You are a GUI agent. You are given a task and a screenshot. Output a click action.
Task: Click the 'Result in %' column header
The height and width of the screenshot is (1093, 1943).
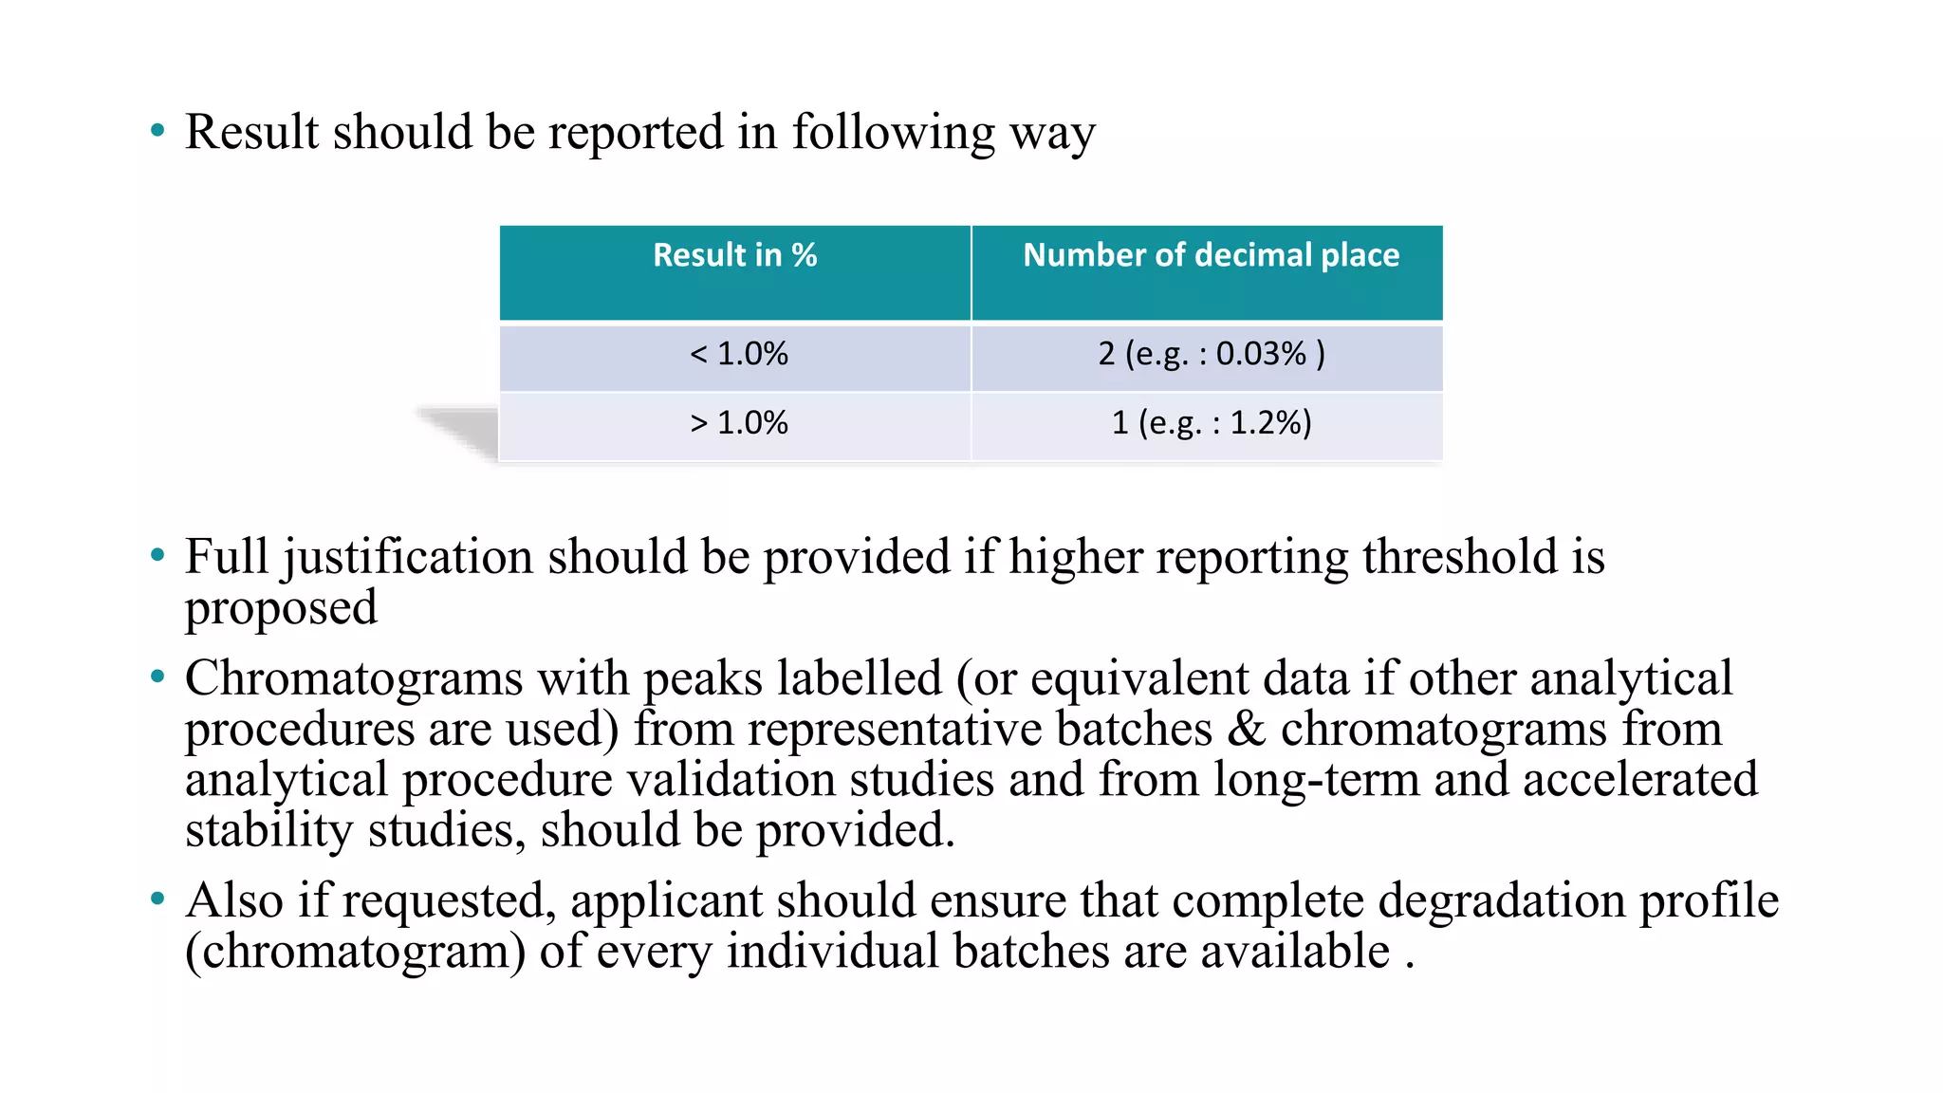coord(735,255)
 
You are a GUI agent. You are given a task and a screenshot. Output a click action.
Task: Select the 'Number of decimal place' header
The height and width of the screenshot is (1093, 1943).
coord(1211,255)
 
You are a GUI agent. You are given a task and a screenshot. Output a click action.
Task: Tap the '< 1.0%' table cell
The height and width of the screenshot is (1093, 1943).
coord(738,354)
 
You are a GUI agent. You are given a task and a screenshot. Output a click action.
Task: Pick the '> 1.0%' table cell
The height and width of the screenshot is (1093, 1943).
coord(738,423)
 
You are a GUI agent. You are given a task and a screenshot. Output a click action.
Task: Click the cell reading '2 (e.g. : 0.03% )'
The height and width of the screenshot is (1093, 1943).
coord(1211,354)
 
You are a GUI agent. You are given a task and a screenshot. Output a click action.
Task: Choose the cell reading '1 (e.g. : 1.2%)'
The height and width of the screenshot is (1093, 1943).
coord(1211,423)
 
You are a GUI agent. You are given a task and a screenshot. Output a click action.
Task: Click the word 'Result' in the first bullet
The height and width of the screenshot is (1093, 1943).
coord(251,132)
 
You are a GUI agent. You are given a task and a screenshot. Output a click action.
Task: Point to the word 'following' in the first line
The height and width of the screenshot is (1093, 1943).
coord(893,132)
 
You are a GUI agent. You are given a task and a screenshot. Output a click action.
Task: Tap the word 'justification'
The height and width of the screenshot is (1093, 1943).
coord(407,557)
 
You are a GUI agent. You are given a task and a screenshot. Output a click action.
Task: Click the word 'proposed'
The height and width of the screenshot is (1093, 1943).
coord(281,608)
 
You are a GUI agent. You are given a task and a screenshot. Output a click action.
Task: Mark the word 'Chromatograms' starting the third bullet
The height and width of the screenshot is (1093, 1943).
coord(354,678)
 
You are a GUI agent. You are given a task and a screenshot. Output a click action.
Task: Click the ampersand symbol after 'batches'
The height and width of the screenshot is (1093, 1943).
coord(1246,730)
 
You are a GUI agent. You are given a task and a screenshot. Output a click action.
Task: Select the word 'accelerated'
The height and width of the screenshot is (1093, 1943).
coord(1640,780)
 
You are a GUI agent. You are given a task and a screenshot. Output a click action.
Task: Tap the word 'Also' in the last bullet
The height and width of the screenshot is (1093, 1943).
coord(234,900)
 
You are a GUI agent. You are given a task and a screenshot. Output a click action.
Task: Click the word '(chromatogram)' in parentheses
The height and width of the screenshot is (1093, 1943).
coord(355,952)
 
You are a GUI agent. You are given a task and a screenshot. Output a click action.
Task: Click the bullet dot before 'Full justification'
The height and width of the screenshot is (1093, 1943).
coord(157,555)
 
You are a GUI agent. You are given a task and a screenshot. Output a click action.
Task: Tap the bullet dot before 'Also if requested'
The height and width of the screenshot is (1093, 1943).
coord(157,898)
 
